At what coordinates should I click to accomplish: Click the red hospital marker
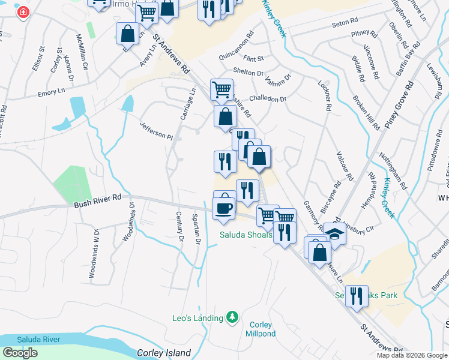23,13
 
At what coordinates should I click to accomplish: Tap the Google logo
20,353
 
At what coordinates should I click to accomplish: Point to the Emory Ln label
50,92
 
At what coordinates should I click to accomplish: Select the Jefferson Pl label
156,131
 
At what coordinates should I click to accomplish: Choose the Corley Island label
164,353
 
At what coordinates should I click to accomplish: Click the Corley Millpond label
261,329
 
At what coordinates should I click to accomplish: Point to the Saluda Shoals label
245,235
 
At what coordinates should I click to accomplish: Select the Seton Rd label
344,25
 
